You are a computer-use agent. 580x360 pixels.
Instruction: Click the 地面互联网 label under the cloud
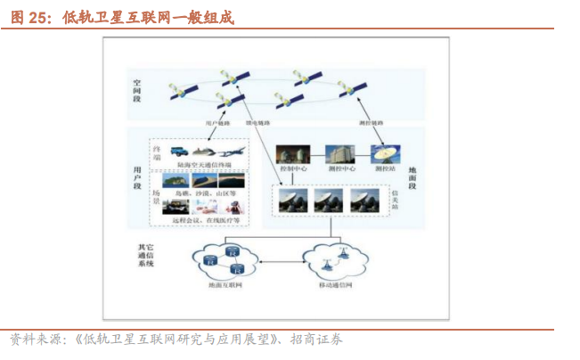[x=223, y=285]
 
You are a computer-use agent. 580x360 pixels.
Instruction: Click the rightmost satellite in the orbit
[x=353, y=88]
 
